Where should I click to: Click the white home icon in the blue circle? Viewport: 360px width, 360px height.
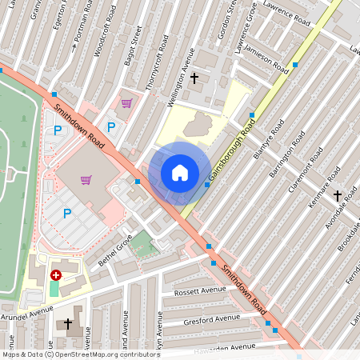(180, 172)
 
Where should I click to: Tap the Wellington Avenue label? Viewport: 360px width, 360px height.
(181, 70)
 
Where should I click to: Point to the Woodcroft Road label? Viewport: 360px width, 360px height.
(100, 38)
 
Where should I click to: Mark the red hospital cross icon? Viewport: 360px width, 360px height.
(55, 274)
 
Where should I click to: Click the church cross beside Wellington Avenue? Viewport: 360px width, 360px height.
(194, 78)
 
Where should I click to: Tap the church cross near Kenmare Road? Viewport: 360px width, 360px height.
(337, 195)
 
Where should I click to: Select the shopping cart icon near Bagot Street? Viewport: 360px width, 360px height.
(126, 102)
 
